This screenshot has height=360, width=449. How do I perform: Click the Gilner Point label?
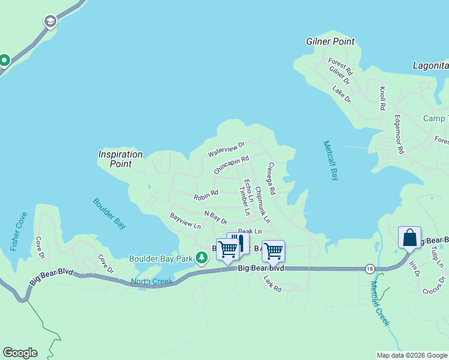330,41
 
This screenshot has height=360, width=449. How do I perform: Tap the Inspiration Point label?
121,159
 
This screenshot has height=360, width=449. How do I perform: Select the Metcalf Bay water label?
331,160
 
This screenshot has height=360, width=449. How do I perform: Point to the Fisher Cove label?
18,232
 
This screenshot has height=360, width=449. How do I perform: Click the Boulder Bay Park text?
160,259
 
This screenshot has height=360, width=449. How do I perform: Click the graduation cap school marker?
50,22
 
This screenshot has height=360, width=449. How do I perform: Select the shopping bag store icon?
409,237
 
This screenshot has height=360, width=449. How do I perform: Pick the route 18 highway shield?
368,270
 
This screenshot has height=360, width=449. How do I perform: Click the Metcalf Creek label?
379,303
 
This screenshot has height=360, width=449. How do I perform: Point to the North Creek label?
152,281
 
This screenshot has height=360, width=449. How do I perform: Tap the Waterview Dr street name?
226,149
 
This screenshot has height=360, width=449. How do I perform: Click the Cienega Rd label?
271,178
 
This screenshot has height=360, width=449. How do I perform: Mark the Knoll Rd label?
382,98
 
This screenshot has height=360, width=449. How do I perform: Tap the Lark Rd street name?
273,285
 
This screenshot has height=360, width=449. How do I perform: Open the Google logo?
20,353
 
